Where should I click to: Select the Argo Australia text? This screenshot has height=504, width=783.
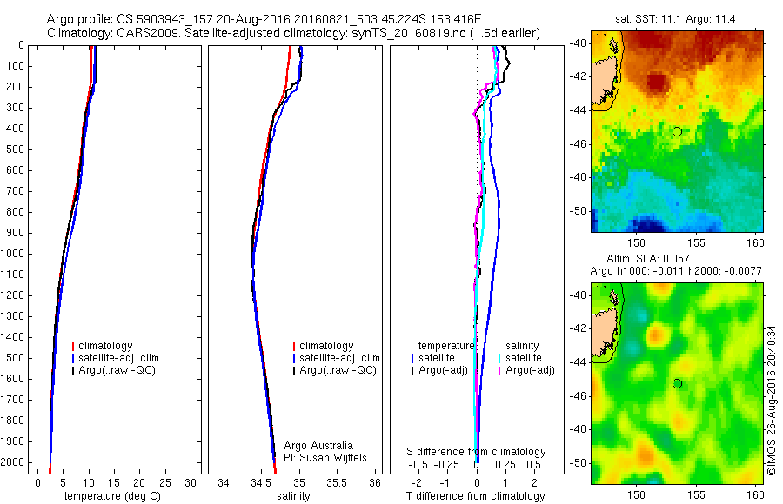[318, 445]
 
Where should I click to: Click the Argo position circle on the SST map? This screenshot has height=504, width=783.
[677, 131]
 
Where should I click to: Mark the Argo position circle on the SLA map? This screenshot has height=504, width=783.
[677, 383]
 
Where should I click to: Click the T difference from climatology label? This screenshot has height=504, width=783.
[476, 496]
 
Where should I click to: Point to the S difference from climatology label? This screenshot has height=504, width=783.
[477, 452]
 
